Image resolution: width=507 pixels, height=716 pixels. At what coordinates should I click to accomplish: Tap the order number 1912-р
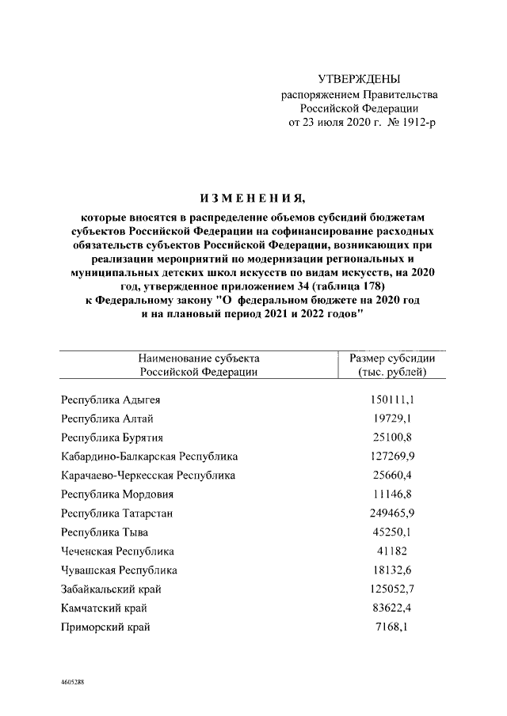point(413,123)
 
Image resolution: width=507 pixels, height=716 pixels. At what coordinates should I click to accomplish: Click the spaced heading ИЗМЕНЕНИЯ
point(253,197)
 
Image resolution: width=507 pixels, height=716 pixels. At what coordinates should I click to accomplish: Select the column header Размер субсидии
point(392,358)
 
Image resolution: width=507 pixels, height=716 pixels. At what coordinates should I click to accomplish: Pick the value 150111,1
point(393,399)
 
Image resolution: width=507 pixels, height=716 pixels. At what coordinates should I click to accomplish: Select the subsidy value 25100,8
point(393,437)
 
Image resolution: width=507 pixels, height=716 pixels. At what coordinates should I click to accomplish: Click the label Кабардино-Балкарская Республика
point(149,456)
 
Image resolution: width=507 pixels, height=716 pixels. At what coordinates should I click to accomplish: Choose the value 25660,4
point(393,475)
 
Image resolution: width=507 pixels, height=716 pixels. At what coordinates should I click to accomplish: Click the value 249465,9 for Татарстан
point(393,513)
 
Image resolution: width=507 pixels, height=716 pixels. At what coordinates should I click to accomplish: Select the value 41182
point(393,551)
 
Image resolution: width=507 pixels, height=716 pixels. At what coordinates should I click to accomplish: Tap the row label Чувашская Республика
point(119,570)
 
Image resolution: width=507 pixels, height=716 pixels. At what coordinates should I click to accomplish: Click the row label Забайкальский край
point(114,589)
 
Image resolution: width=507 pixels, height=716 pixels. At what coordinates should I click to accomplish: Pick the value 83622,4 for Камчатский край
point(393,608)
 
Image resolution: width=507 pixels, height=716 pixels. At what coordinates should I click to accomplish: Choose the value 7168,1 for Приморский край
point(393,627)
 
